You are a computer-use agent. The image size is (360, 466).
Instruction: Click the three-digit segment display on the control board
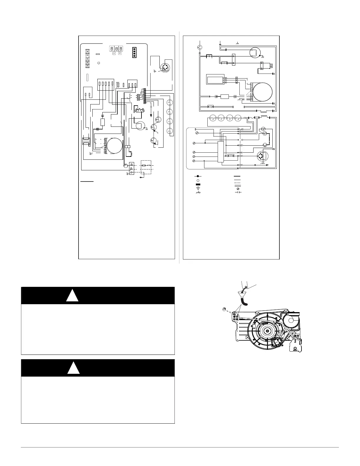(x=116, y=49)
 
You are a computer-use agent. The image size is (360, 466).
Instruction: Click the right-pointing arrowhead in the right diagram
(x=267, y=165)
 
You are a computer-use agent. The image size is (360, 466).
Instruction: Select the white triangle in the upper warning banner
(x=72, y=296)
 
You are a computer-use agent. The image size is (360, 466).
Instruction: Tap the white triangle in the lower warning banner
(x=74, y=368)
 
